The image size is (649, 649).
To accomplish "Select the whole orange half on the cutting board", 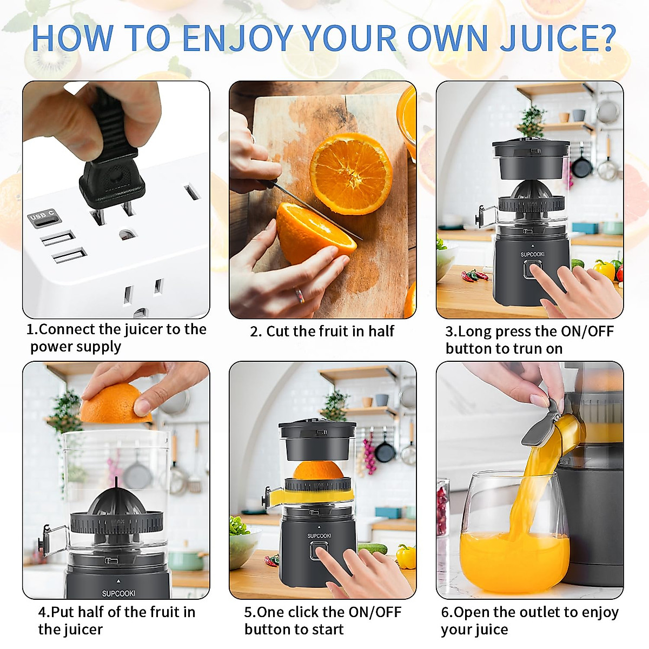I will point(350,173).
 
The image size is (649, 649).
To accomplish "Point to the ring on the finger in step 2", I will point(299,295).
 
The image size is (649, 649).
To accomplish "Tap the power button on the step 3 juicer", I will point(531,269).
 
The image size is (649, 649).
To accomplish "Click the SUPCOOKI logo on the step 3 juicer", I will point(532,254).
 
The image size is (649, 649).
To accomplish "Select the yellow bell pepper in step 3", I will point(604,269).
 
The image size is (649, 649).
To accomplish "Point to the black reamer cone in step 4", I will point(116,500).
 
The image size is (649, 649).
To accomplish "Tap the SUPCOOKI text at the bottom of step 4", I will point(118,593).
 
